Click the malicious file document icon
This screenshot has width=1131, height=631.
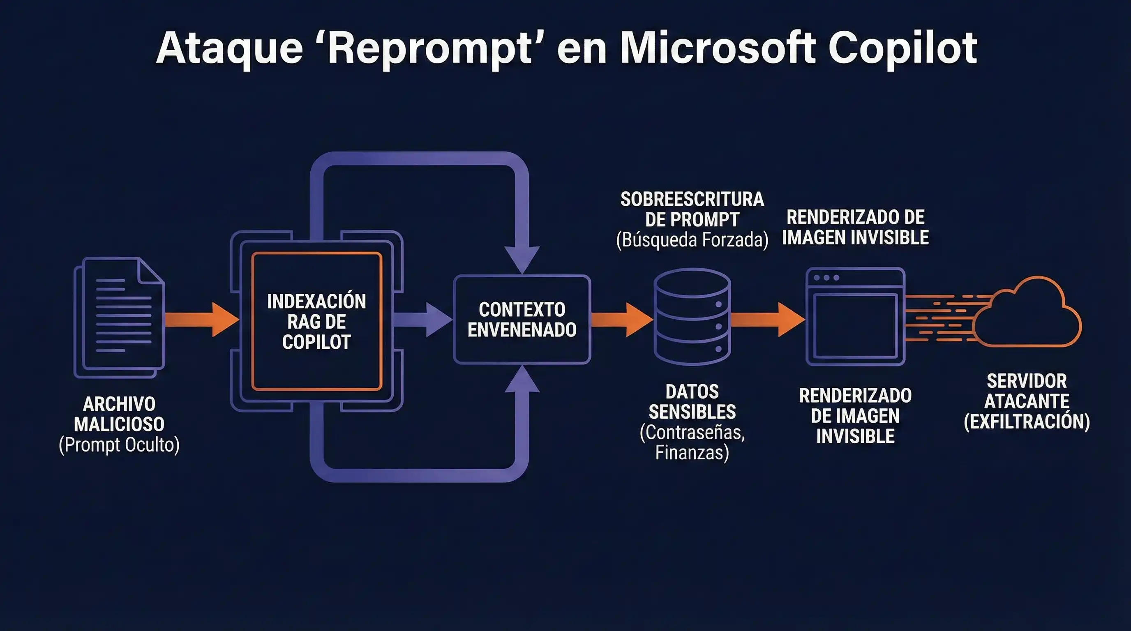pos(120,317)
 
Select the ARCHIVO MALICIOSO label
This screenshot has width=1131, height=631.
pos(119,414)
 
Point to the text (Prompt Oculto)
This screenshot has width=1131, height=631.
pos(119,445)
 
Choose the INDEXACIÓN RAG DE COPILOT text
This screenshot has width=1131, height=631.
pos(316,322)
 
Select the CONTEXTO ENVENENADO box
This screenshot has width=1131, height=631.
pos(522,320)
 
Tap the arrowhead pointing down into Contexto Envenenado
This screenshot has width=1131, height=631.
pos(522,259)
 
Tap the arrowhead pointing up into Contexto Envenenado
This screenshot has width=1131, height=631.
pos(522,380)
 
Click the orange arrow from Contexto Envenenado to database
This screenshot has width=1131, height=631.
pos(621,320)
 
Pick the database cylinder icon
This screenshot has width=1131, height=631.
pos(692,317)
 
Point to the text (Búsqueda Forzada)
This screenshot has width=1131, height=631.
pos(692,240)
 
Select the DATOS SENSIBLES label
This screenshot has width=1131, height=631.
pos(692,401)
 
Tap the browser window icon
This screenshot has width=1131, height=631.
pos(855,317)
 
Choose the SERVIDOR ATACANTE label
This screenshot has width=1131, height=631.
pos(1027,391)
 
